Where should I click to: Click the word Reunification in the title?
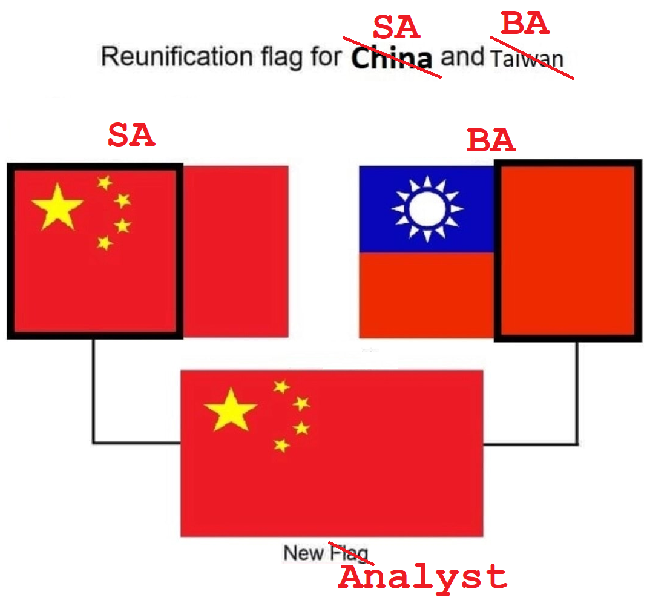point(159,57)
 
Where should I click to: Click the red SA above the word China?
point(396,27)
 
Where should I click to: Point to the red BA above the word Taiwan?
point(525,24)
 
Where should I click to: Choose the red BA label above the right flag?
point(491,141)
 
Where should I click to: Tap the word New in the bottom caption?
point(304,553)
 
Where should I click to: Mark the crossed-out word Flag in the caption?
point(349,553)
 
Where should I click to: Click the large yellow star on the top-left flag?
point(57,208)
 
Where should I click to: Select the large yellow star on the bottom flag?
point(231,410)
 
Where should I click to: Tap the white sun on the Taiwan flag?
point(427,209)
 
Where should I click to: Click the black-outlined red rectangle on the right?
point(567,251)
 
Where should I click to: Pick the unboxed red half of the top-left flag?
point(235,251)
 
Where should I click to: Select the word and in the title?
point(463,57)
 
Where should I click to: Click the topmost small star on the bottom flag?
point(281,386)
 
